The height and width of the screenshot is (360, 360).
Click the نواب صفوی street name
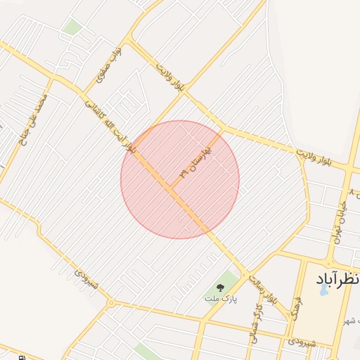pos(113,66)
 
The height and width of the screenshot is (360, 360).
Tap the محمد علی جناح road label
pos(33,119)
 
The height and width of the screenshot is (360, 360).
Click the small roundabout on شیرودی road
pos(110,303)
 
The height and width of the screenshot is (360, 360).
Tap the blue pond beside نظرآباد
pos(323,289)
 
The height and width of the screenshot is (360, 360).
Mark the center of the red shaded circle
pos(180,180)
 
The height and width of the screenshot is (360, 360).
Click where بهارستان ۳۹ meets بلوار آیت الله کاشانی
pos(170,187)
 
